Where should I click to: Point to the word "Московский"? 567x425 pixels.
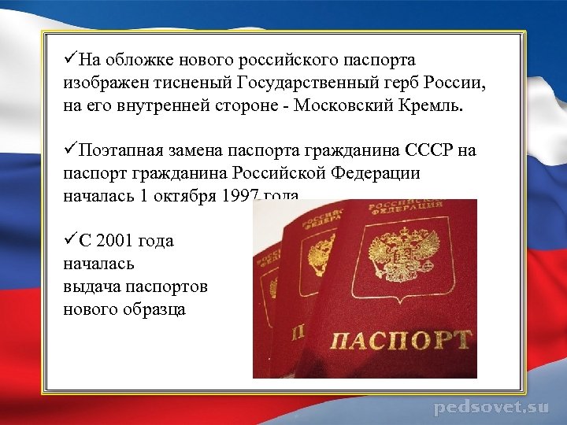[x=343, y=106]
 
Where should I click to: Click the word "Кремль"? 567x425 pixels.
[x=432, y=106]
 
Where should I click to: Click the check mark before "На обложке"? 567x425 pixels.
[x=70, y=60]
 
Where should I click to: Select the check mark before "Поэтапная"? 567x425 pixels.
[x=70, y=150]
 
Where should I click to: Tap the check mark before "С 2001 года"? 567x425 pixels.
[x=70, y=240]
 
